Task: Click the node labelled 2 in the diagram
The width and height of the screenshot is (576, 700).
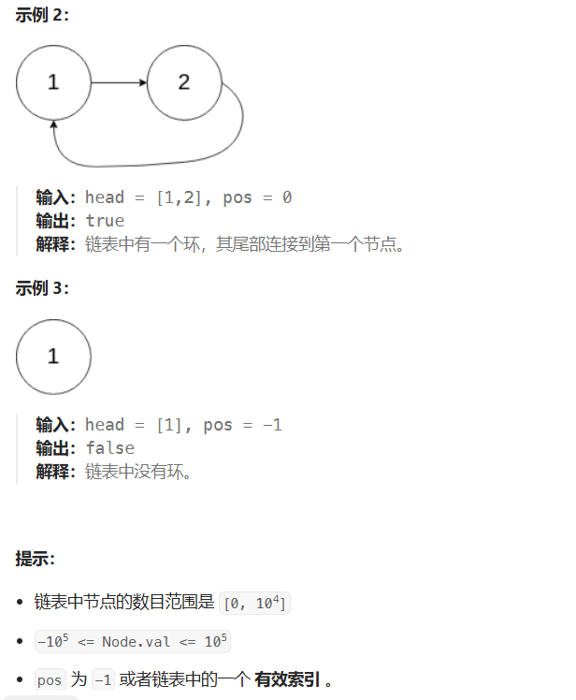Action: pyautogui.click(x=183, y=82)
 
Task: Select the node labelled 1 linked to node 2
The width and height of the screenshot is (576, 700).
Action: pyautogui.click(x=53, y=82)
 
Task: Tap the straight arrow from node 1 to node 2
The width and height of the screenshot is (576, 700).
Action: pyautogui.click(x=119, y=82)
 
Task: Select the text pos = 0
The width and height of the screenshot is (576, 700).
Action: pyautogui.click(x=260, y=197)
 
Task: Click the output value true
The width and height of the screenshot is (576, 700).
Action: pyautogui.click(x=105, y=221)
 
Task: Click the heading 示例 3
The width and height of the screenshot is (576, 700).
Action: pyautogui.click(x=42, y=288)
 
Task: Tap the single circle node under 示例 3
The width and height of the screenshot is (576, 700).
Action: pyautogui.click(x=53, y=356)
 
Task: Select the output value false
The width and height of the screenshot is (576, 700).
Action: pyautogui.click(x=109, y=448)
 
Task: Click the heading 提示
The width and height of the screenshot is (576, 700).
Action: pyautogui.click(x=36, y=559)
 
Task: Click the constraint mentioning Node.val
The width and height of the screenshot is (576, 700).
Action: pyautogui.click(x=131, y=642)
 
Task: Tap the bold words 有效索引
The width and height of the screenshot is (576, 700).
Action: pyautogui.click(x=288, y=680)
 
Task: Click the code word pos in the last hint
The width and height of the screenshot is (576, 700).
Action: pyautogui.click(x=49, y=681)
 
